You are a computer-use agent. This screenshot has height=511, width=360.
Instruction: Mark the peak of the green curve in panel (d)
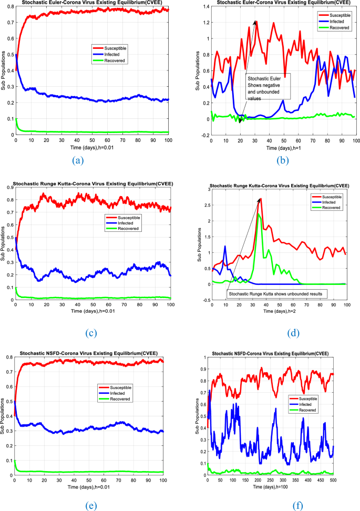[x=259, y=214]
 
